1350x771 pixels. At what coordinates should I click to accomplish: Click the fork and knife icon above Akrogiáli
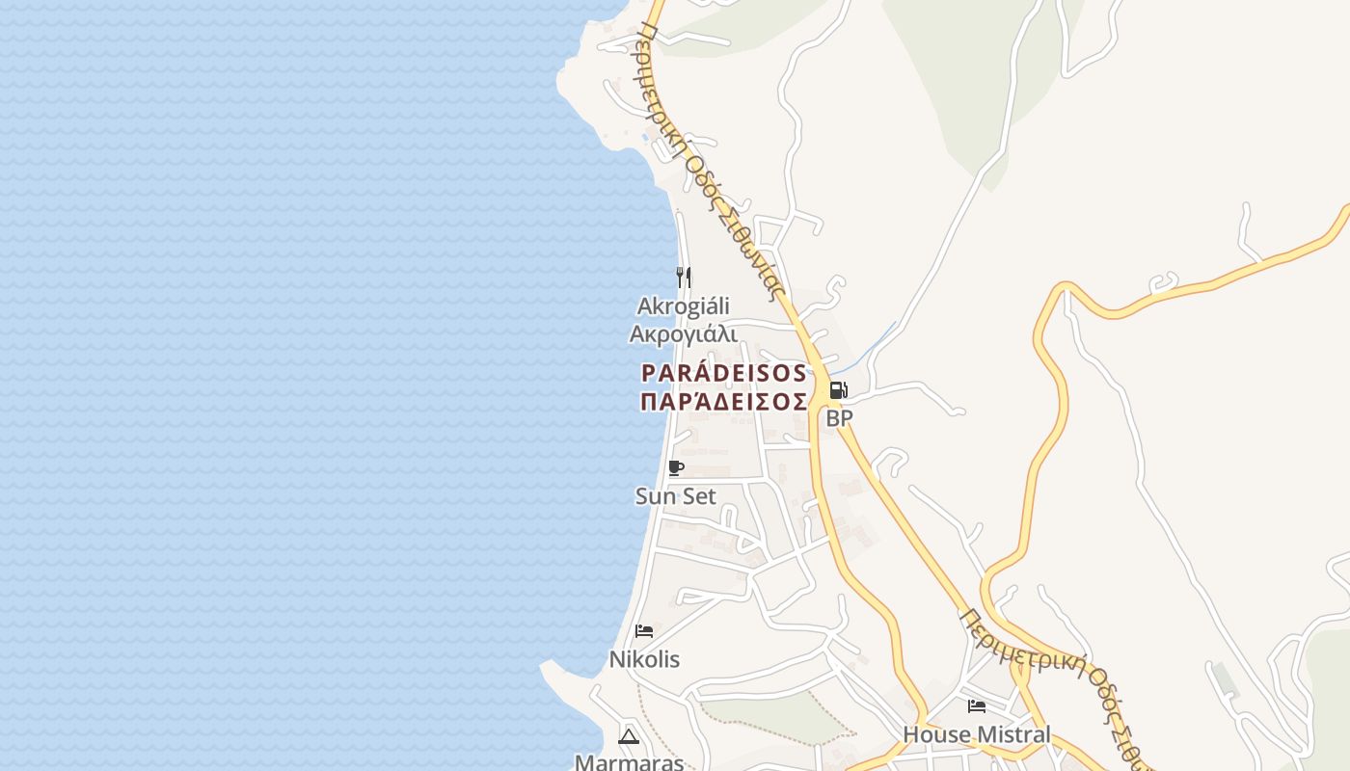pos(684,278)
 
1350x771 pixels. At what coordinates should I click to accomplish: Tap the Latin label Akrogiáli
pos(683,306)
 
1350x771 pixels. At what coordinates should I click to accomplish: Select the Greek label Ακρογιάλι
pos(683,334)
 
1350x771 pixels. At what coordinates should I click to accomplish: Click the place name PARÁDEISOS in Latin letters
pos(723,372)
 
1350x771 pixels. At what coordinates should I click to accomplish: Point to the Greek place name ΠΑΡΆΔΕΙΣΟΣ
pos(723,401)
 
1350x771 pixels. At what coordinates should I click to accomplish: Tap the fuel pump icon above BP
pos(838,390)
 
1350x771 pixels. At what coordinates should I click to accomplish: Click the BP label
pos(839,418)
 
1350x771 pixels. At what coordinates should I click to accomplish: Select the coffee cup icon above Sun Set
pos(676,468)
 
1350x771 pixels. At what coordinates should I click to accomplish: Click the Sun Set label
pos(676,496)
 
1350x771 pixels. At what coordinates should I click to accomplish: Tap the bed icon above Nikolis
pos(644,631)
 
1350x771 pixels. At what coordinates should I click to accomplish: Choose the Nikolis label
pos(644,659)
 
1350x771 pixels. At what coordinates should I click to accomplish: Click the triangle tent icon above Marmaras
pos(629,736)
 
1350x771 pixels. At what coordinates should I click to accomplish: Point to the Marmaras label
pos(629,762)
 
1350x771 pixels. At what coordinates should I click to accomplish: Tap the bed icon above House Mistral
pos(977,706)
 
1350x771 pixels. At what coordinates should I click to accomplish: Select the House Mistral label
pos(977,734)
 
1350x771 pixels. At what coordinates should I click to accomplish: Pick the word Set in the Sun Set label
pos(699,496)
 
